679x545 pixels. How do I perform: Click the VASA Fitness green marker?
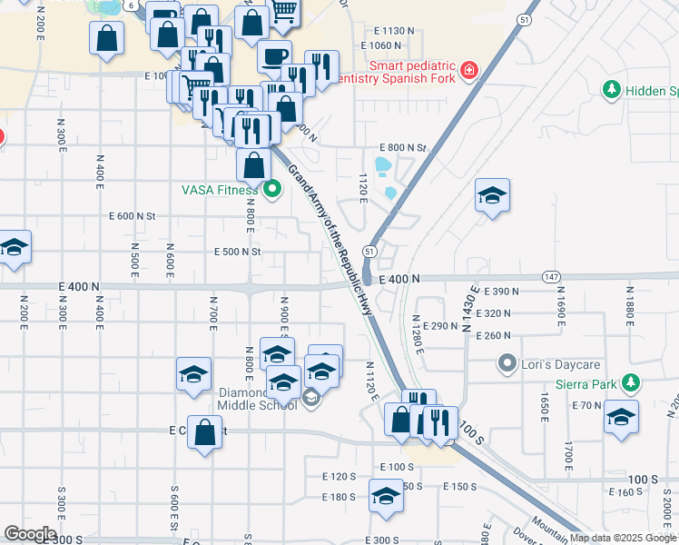(273, 190)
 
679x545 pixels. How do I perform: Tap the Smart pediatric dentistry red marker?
(468, 70)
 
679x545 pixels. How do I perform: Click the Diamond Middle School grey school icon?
(310, 397)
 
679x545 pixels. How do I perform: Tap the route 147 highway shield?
(551, 275)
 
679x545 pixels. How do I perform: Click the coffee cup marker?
(273, 56)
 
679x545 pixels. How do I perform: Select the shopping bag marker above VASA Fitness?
(253, 166)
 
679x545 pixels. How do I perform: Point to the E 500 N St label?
(237, 252)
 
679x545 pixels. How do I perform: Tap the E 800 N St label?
(402, 147)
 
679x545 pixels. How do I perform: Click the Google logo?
(29, 534)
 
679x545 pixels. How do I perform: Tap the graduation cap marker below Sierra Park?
(621, 418)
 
